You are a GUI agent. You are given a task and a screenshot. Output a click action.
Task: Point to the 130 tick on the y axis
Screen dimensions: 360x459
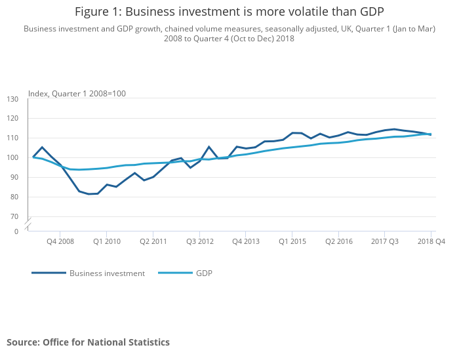tap(13, 99)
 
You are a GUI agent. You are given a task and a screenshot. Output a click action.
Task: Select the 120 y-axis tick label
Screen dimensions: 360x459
tap(13, 119)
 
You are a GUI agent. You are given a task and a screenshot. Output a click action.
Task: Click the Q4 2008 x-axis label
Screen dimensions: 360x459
tap(60, 241)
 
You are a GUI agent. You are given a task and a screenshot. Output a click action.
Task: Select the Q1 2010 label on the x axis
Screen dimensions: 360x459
tap(106, 241)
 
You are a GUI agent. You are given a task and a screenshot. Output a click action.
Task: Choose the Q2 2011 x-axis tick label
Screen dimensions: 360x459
tap(153, 241)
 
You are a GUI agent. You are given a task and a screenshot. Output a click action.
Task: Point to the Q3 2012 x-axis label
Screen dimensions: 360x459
tap(199, 241)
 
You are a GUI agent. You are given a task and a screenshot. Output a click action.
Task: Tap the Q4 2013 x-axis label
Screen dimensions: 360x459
tap(245, 241)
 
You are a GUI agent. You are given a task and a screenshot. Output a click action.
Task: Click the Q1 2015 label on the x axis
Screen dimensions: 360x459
tap(292, 241)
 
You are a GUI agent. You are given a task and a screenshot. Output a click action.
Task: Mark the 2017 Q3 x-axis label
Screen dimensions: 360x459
tap(385, 241)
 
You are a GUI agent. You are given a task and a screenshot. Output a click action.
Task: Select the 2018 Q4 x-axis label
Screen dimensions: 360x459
tap(431, 241)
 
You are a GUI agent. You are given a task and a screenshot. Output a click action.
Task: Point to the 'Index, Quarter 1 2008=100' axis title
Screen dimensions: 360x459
tap(77, 94)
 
